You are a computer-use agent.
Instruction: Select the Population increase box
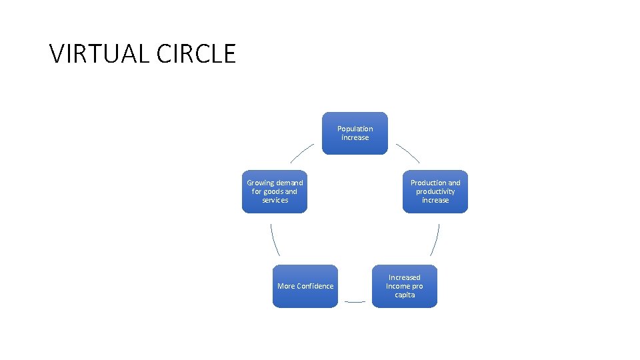[355, 133]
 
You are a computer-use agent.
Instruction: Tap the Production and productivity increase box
[435, 191]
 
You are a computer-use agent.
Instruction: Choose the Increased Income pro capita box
[405, 286]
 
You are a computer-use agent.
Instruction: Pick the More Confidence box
[305, 286]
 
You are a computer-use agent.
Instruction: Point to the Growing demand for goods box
[275, 191]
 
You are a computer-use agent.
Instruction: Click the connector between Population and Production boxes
[408, 153]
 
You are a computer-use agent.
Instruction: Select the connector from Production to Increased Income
[435, 239]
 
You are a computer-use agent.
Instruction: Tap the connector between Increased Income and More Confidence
[355, 301]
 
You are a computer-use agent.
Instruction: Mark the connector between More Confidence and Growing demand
[275, 239]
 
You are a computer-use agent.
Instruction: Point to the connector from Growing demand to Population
[301, 153]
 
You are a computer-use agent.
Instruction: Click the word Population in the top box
[355, 129]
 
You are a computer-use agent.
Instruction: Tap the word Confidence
[315, 286]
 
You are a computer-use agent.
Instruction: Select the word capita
[405, 295]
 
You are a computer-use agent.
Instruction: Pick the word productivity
[435, 191]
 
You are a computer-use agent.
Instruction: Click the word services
[275, 200]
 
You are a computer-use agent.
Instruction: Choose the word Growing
[259, 183]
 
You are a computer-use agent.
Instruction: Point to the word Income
[398, 286]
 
